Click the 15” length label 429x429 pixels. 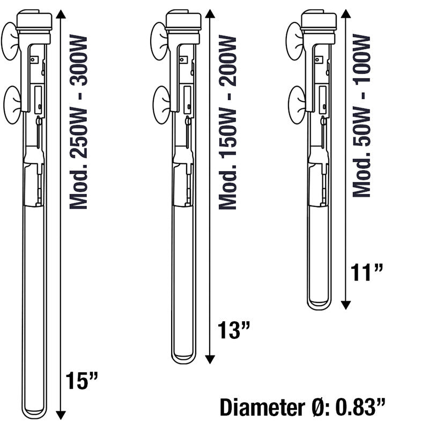pyautogui.click(x=82, y=381)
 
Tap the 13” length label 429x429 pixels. pyautogui.click(x=234, y=330)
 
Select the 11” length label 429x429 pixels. pyautogui.click(x=367, y=272)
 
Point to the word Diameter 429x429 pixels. pyautogui.click(x=263, y=408)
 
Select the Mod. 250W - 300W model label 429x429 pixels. pyautogui.click(x=78, y=122)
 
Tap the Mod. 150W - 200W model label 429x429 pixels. pyautogui.click(x=227, y=122)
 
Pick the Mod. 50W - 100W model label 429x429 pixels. pyautogui.click(x=361, y=115)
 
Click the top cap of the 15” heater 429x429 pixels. pyautogui.click(x=34, y=20)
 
